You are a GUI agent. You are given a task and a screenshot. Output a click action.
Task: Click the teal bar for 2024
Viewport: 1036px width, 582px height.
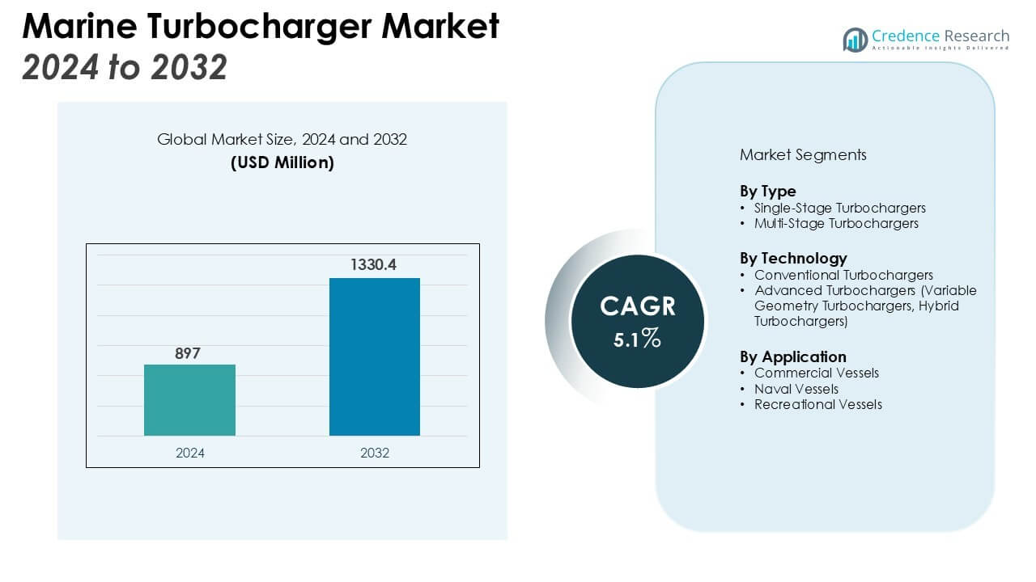click(x=189, y=400)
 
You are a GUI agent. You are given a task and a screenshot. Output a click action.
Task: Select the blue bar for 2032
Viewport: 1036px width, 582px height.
click(x=374, y=356)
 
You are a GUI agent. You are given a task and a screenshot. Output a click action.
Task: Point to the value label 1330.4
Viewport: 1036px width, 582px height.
click(x=373, y=265)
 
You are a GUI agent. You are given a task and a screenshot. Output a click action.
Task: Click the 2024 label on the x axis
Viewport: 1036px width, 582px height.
click(x=190, y=453)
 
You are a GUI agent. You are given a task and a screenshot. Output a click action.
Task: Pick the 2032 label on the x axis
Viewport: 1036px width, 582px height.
click(x=375, y=453)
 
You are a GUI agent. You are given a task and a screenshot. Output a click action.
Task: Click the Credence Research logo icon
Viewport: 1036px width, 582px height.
click(x=855, y=40)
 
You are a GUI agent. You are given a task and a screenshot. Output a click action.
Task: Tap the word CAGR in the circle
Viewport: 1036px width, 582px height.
click(x=638, y=307)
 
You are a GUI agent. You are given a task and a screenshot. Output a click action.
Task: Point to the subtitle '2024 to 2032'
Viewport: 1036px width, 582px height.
click(x=125, y=68)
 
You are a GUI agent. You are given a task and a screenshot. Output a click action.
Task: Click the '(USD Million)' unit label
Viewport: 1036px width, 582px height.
click(x=282, y=162)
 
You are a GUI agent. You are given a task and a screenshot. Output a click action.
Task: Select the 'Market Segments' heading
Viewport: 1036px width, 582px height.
click(x=803, y=154)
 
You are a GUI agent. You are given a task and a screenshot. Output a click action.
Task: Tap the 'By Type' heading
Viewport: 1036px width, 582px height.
click(x=767, y=192)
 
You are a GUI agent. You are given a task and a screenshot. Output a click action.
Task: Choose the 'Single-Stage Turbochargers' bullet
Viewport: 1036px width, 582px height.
click(x=839, y=208)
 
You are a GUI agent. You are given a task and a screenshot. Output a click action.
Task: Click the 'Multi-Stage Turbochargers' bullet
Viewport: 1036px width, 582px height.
click(x=836, y=223)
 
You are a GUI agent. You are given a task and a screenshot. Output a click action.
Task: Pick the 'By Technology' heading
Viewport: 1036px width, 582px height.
click(x=793, y=259)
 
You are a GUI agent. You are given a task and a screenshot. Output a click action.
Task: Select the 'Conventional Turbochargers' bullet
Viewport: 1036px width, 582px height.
click(x=843, y=275)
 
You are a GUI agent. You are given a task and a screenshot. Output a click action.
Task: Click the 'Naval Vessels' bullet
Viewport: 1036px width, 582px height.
click(x=796, y=389)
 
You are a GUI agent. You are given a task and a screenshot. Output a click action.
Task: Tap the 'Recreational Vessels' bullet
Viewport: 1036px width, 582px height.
click(x=817, y=404)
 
